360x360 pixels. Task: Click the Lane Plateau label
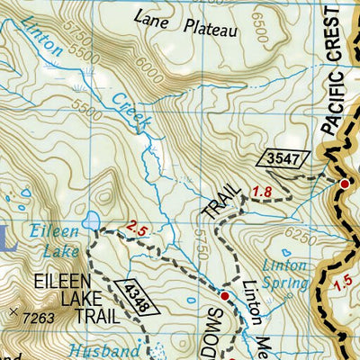(x=185, y=23)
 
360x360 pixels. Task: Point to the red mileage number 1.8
(x=260, y=191)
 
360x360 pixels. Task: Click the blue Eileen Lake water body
(x=92, y=220)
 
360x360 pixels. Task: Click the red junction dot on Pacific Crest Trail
(x=344, y=184)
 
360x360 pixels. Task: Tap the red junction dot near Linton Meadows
(x=224, y=295)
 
